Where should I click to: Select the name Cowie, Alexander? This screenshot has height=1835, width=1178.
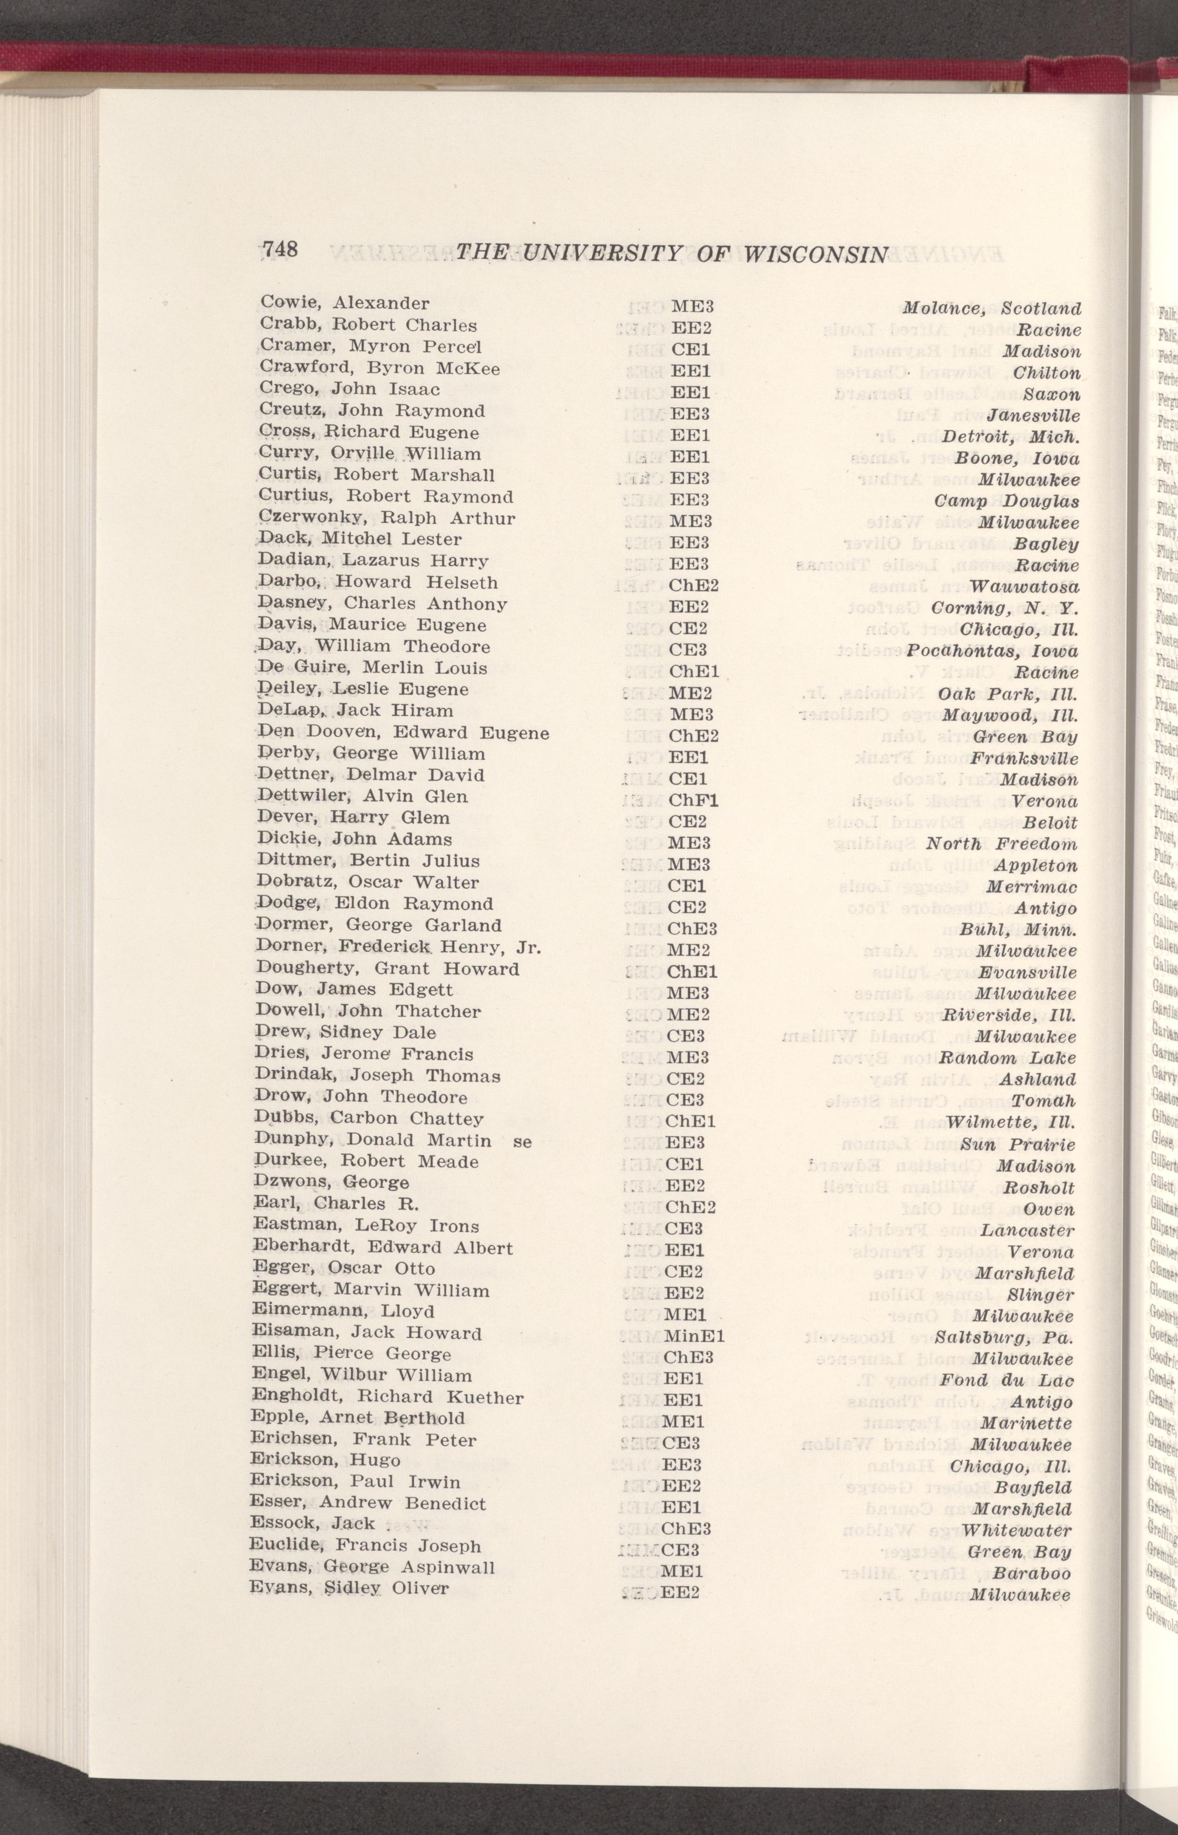(344, 302)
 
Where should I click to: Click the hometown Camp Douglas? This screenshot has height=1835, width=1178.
(1007, 501)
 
